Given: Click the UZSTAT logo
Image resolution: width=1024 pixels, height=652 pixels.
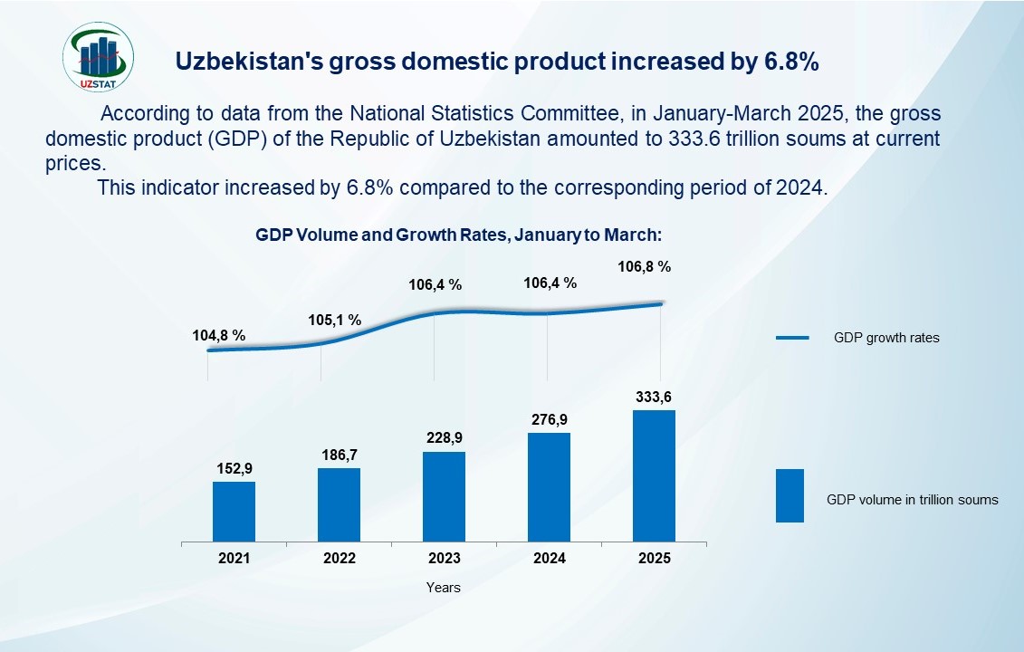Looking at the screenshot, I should [x=100, y=60].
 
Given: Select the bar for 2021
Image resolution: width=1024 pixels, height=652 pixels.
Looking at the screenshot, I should [x=234, y=512].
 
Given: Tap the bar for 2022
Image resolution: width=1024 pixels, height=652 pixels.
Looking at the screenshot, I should [x=339, y=504].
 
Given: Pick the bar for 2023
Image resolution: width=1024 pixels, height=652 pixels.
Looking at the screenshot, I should [x=444, y=496].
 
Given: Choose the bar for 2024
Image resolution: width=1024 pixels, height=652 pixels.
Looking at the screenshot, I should [x=549, y=487].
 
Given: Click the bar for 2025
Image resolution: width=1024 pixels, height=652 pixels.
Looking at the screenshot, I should [x=654, y=476].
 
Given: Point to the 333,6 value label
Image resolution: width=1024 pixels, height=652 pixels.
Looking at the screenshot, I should [x=654, y=397].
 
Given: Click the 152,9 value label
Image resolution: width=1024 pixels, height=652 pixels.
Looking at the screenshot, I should [x=234, y=468].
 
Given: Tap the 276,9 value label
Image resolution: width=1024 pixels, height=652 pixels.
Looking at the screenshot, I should [x=549, y=419].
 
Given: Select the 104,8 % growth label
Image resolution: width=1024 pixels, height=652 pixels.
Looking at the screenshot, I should [x=219, y=335].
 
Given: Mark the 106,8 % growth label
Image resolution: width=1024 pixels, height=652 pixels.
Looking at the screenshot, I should [x=644, y=267].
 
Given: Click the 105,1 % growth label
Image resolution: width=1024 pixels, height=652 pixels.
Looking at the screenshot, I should [x=335, y=320].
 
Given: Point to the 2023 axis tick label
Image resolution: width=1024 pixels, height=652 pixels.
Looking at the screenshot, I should [x=444, y=559].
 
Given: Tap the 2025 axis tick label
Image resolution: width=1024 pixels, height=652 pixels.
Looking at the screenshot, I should [x=654, y=559].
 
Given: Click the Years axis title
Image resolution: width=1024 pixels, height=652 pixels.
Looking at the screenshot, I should [x=444, y=588].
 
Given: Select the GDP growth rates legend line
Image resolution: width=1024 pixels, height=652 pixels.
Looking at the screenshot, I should [x=792, y=338].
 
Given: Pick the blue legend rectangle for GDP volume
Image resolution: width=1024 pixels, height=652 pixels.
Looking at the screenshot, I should [x=790, y=495].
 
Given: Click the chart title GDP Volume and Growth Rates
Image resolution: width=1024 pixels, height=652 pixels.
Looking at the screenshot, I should [x=459, y=235].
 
